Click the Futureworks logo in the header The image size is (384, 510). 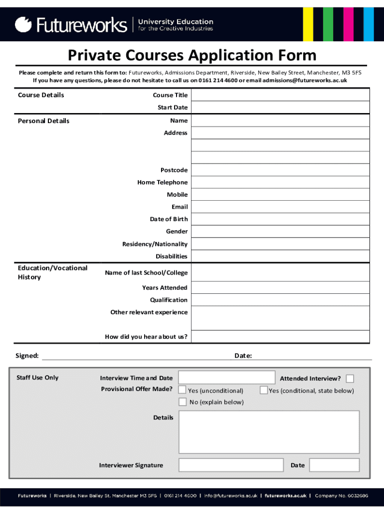71,24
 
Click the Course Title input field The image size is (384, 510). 280,95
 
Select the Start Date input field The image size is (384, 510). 280,108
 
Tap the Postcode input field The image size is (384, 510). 280,170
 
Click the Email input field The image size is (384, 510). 280,207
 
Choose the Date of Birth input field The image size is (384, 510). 280,219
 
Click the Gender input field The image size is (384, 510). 280,232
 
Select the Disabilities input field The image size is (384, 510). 280,256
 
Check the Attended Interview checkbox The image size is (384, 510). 350,379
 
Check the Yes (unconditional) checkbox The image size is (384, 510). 183,389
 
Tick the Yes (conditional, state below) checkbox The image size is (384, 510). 264,390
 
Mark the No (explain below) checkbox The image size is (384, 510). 183,401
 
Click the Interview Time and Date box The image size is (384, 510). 226,378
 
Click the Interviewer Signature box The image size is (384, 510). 231,465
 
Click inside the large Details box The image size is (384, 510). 269,432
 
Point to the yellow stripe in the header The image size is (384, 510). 308,24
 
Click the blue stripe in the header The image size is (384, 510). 369,24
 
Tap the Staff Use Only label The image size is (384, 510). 37,378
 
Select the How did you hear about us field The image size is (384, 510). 280,337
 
